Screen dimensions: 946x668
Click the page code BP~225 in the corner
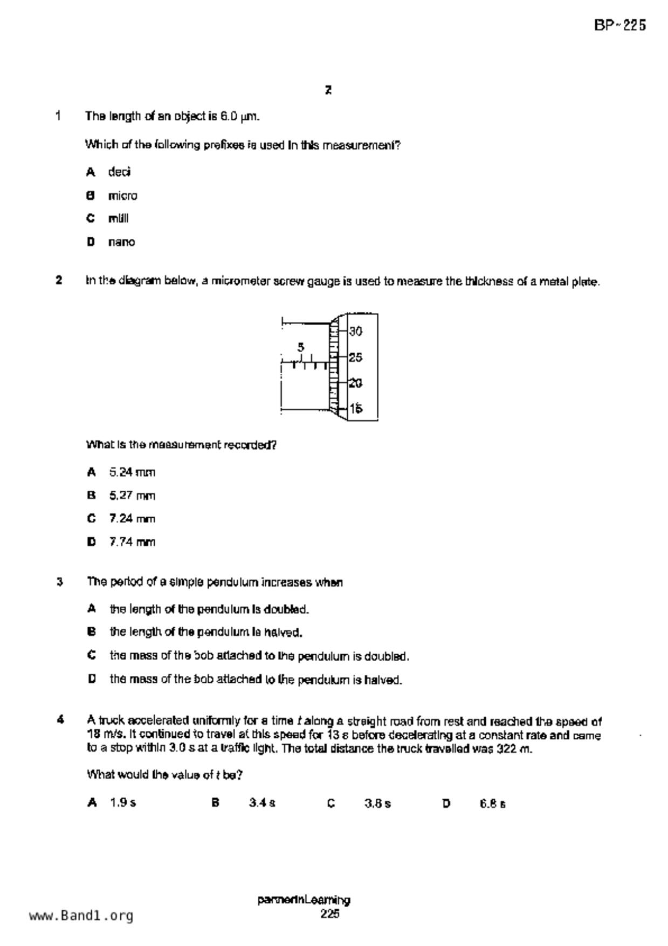pos(619,25)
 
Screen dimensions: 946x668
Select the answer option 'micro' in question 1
pos(122,196)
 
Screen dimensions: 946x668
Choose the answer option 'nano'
pos(121,242)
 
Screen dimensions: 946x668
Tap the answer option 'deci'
pos(119,172)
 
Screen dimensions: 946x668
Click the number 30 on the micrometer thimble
pos(355,331)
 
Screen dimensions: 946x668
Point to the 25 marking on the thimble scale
pos(355,357)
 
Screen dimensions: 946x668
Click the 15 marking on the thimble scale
pos(355,409)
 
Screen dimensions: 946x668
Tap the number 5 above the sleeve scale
pos(301,347)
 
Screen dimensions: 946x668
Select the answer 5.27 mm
pos(132,496)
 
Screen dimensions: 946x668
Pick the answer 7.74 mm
pos(132,542)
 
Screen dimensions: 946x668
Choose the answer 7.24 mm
pos(132,519)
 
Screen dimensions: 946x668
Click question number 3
pos(60,582)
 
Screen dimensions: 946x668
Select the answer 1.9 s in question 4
pos(123,803)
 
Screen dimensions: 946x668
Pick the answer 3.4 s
pos(262,803)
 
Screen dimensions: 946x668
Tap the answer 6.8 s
pos(492,804)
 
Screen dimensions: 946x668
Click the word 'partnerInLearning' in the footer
pos(304,900)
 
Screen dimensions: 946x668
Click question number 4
pos(60,720)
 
